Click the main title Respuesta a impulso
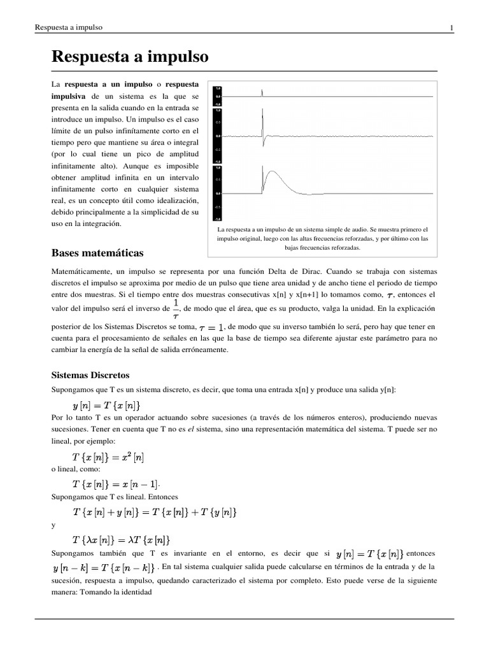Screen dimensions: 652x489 click(x=130, y=57)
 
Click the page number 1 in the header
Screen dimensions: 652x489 click(x=451, y=27)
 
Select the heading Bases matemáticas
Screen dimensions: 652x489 click(x=97, y=253)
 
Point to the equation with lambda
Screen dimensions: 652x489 click(x=122, y=538)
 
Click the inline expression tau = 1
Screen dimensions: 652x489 click(x=211, y=327)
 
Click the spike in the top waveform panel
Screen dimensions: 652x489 click(x=262, y=94)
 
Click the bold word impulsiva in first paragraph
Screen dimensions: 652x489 click(x=69, y=96)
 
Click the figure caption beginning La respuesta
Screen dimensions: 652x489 click(x=322, y=238)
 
